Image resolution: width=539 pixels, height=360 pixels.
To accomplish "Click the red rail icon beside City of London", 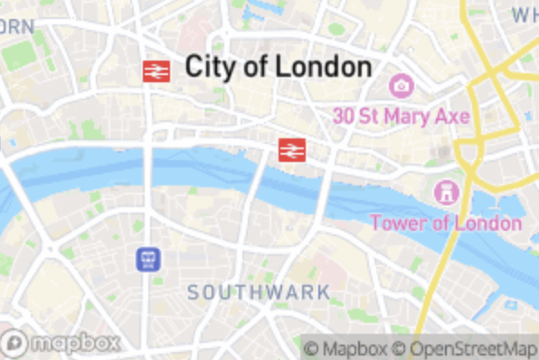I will point(156,71).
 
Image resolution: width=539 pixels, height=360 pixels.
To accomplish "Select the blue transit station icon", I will point(148,261).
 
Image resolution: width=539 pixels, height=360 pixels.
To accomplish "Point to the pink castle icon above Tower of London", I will point(446,192).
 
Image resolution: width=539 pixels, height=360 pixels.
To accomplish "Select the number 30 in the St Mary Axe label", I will point(344,117).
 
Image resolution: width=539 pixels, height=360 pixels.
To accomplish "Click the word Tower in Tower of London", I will point(399,223).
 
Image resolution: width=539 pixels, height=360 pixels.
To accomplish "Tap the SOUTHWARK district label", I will point(259,292).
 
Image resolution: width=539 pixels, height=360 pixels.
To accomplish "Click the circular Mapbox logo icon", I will point(14,343).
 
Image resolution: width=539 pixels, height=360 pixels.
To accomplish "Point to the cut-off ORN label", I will point(16,26).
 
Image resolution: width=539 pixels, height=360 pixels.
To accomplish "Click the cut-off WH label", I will point(525,15).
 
